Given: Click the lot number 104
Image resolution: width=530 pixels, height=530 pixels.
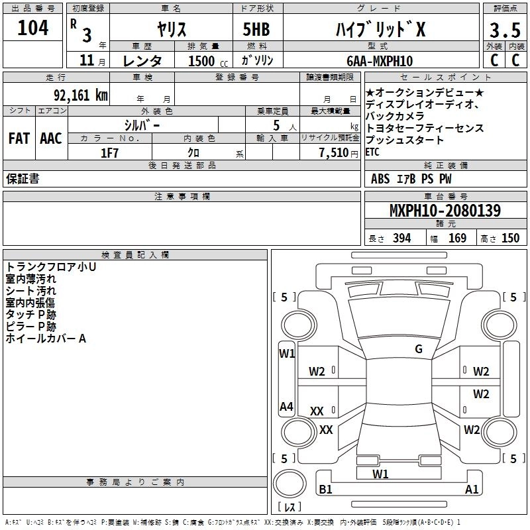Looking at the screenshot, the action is (33, 28).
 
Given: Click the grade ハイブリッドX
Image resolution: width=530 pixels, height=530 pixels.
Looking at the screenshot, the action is (379, 29).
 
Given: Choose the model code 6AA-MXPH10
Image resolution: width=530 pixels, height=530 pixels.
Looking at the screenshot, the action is (378, 61).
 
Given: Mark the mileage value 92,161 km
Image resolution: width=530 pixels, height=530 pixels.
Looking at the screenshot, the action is (80, 94).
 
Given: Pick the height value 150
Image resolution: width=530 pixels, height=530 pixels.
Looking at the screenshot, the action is (510, 238).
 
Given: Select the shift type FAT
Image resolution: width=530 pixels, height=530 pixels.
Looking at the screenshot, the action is (19, 138).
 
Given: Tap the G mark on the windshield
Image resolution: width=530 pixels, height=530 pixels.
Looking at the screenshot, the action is (419, 349).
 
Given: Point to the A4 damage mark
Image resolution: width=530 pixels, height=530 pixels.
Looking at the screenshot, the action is (286, 407).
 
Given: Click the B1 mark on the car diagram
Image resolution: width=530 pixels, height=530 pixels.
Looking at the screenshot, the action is (325, 490).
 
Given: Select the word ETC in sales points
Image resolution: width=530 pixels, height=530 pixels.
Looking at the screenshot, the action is (372, 152).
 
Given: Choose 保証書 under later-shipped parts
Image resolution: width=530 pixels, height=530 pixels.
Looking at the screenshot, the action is (23, 179).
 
